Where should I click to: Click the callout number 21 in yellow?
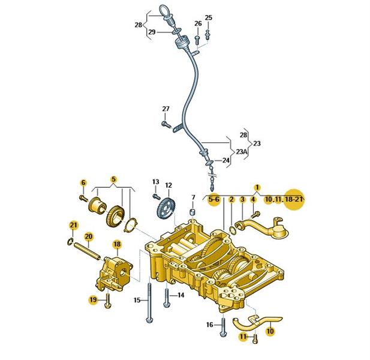[x=73, y=225]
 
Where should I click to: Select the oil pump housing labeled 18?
[x=114, y=272]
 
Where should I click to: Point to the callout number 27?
[x=166, y=109]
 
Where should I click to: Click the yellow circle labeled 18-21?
[x=294, y=199]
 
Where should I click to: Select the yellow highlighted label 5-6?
[x=213, y=199]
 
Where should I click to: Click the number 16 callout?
[x=210, y=325]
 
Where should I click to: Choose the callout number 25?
[x=208, y=17]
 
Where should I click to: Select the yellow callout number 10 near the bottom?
[x=269, y=329]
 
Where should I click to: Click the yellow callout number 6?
[x=83, y=182]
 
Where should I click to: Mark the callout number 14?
[x=180, y=295]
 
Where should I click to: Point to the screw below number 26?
[x=198, y=38]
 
